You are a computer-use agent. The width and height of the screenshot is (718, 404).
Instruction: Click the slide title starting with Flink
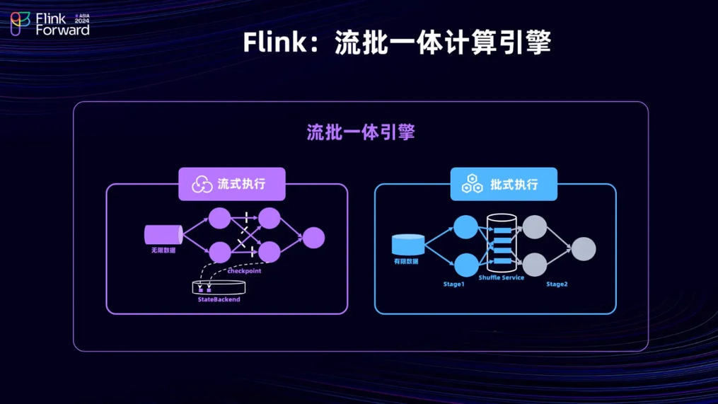click(x=397, y=42)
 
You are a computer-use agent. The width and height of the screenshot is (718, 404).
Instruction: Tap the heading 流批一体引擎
click(x=361, y=132)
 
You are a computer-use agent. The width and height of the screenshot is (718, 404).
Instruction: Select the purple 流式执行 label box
click(x=232, y=184)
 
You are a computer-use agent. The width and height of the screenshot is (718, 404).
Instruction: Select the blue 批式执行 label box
click(x=504, y=184)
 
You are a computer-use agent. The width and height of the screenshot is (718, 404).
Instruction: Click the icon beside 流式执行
click(x=202, y=185)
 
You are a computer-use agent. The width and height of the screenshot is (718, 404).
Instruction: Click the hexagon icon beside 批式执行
click(x=472, y=184)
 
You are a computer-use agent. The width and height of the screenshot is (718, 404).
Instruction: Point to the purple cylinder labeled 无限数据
click(x=163, y=235)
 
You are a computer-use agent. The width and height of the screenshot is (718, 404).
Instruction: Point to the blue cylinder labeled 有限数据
click(x=408, y=245)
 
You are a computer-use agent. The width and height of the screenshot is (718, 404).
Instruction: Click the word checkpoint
click(x=244, y=271)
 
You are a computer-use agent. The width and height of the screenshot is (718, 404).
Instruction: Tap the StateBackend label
click(x=219, y=300)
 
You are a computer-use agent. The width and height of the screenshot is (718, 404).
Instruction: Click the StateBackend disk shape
click(x=219, y=287)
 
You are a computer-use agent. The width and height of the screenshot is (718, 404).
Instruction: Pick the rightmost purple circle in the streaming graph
click(x=313, y=238)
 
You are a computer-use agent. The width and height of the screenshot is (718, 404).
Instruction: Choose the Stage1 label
click(x=453, y=284)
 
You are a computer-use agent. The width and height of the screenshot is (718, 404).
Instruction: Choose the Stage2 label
click(x=557, y=284)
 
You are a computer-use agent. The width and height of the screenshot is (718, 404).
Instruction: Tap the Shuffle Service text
click(x=502, y=278)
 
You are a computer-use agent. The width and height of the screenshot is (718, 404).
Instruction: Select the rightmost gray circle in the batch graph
click(x=584, y=249)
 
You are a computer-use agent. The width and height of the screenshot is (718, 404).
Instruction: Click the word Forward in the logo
click(x=62, y=30)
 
